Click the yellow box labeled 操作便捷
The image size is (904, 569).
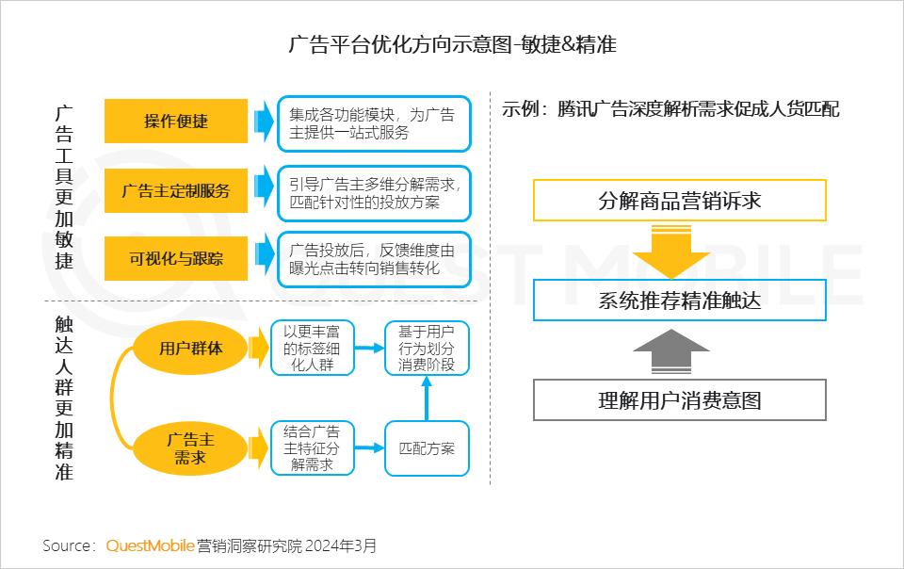pos(176,122)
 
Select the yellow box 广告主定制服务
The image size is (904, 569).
pos(176,191)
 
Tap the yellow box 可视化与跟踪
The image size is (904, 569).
pos(176,258)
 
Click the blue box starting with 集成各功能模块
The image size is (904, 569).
pos(374,124)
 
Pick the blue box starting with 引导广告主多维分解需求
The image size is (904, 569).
pos(374,193)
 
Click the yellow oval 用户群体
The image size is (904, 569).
pos(190,349)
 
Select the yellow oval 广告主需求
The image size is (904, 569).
pos(190,448)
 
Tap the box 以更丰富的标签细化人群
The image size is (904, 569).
pos(312,349)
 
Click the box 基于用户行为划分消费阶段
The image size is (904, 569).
pos(427,349)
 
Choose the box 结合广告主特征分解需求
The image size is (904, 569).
pos(312,448)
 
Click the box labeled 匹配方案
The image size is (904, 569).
pos(427,448)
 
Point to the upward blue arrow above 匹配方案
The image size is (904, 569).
pos(427,398)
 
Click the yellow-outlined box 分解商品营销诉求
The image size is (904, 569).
pos(680,200)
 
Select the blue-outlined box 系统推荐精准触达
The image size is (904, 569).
pos(680,301)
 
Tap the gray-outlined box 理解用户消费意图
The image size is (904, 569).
pos(680,400)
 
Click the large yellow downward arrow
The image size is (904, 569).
pos(671,252)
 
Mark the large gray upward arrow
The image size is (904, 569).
pos(671,352)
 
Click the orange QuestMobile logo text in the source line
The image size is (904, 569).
pos(150,545)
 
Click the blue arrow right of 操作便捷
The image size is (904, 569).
pos(264,122)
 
